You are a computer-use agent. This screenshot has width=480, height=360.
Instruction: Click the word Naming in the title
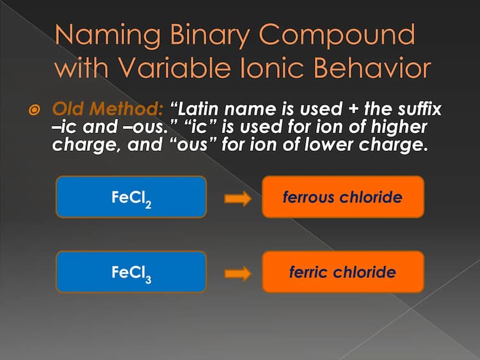[108, 35]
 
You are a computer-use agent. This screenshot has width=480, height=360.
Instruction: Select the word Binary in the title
[209, 35]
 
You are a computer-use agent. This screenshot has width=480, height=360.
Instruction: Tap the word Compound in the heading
[337, 35]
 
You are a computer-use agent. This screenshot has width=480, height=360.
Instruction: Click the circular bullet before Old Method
[34, 110]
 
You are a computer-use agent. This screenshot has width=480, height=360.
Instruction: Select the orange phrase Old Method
[108, 109]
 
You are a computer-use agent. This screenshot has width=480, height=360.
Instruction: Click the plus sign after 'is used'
[353, 109]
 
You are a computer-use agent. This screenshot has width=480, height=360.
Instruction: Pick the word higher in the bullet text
[399, 127]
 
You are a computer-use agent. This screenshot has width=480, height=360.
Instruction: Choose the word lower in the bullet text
[328, 145]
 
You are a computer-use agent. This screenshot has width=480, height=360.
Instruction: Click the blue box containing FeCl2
[131, 197]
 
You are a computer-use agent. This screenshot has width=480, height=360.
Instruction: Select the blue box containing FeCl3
[131, 272]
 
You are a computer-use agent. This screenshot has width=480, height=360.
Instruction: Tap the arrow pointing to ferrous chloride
[238, 198]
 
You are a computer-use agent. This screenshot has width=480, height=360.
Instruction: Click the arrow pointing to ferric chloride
[238, 274]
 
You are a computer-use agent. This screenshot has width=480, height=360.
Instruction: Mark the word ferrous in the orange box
[308, 197]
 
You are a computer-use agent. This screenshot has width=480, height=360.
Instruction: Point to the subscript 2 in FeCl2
[148, 205]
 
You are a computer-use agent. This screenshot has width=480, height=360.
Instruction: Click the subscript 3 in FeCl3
[148, 279]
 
